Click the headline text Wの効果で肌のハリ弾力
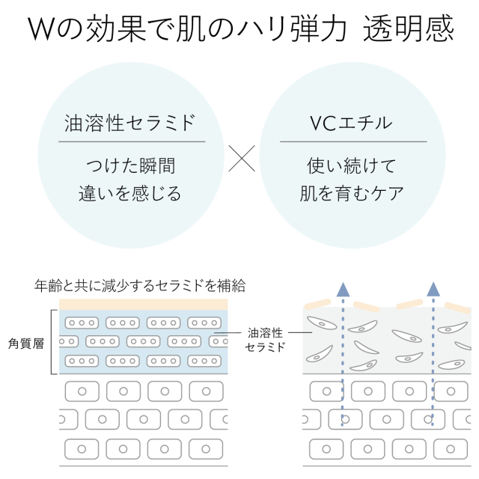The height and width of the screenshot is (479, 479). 187,29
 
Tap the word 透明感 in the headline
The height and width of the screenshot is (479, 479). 408,29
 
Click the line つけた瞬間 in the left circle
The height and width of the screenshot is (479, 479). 131,165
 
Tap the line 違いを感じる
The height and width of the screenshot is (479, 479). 131,194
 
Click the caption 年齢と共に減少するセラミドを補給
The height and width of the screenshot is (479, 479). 141,286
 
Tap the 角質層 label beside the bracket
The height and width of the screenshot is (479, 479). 28,342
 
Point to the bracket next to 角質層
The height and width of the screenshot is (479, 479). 53,342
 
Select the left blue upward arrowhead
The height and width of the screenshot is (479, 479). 342,289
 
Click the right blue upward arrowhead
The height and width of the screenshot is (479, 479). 433,289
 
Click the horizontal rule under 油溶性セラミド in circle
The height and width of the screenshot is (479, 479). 132,141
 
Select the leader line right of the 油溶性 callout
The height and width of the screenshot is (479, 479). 299,332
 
